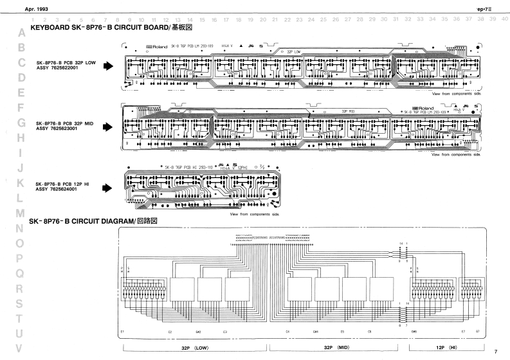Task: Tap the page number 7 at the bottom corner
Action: pos(495,351)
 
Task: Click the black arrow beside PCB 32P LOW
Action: pos(109,66)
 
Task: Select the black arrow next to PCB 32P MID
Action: pos(109,126)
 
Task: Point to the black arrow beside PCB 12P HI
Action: pos(109,187)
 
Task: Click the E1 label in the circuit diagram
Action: pos(122,331)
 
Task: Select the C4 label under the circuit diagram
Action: pos(287,331)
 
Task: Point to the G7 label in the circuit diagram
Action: pos(477,331)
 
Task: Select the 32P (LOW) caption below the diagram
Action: pos(194,348)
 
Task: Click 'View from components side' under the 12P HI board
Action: pos(259,213)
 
